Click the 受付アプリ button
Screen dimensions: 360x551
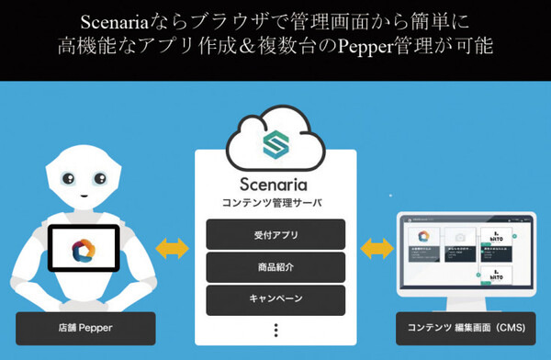coord(275,235)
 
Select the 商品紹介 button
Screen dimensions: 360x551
coord(275,267)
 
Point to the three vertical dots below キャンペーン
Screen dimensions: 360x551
coord(275,330)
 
